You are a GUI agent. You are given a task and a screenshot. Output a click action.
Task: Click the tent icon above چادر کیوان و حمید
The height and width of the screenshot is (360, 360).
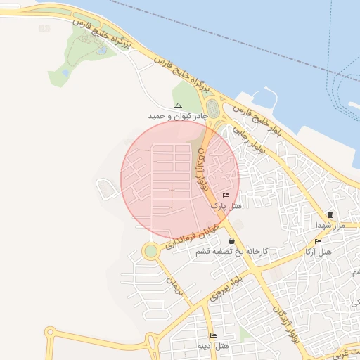tap(177, 105)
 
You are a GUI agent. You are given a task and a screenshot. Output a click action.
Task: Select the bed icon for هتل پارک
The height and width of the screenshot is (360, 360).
tap(226, 195)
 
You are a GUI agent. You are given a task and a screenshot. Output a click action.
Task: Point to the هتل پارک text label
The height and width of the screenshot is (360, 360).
tap(226, 206)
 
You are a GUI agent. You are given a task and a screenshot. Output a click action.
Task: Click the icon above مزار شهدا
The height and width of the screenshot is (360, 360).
tap(329, 214)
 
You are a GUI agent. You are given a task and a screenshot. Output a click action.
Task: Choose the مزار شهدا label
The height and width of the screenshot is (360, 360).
tap(328, 225)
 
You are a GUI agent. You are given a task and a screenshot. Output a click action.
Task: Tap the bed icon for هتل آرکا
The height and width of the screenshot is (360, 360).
tap(318, 241)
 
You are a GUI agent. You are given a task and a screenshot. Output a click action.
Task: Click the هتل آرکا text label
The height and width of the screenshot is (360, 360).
tap(318, 252)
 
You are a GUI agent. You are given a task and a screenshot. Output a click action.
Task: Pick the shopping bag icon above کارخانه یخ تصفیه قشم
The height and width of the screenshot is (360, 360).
tap(231, 240)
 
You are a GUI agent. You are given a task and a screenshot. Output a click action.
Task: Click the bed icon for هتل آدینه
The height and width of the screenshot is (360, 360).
tap(213, 335)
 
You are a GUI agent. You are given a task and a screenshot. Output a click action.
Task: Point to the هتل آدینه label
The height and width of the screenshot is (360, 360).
tap(213, 346)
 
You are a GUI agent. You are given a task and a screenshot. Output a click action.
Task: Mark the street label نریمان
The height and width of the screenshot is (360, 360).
tap(174, 285)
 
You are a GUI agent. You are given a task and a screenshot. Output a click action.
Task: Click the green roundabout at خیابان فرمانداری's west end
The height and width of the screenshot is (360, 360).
tap(150, 251)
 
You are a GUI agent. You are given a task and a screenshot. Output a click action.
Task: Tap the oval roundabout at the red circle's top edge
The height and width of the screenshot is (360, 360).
tap(212, 110)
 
